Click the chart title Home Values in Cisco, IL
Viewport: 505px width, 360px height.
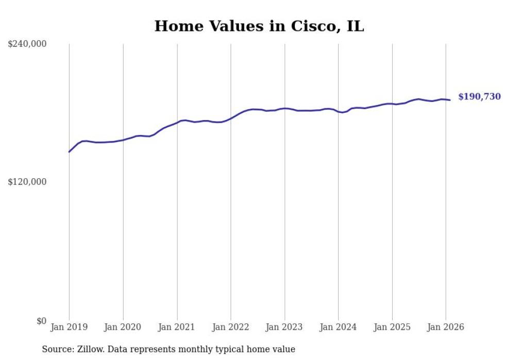click(x=259, y=26)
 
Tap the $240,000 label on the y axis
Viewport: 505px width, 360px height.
click(x=27, y=44)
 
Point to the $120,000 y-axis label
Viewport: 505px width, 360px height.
click(x=27, y=182)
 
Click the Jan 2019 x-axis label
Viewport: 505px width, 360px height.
click(x=69, y=327)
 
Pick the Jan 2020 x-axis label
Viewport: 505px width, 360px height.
click(x=123, y=327)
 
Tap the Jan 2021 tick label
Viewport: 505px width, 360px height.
click(x=177, y=327)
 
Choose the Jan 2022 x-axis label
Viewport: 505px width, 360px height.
click(x=231, y=327)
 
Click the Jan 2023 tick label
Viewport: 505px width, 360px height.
click(x=284, y=327)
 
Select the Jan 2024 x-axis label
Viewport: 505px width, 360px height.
click(x=338, y=327)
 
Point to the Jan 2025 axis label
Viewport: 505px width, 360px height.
click(x=392, y=327)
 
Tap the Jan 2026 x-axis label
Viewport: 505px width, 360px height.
click(x=446, y=327)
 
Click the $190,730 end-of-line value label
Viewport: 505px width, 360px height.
click(x=479, y=97)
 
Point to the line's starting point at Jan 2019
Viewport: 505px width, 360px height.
click(x=69, y=152)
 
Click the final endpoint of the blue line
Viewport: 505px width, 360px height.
click(x=450, y=100)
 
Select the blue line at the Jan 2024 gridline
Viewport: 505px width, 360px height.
click(x=339, y=111)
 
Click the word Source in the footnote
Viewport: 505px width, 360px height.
click(x=56, y=349)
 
